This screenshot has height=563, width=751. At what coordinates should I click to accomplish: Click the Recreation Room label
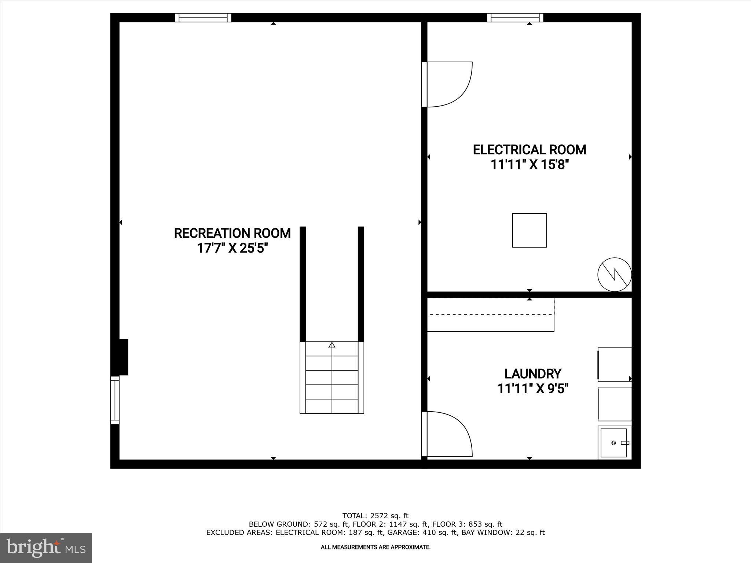pos(232,233)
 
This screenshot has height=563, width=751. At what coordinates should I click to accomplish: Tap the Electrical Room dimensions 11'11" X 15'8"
pos(529,165)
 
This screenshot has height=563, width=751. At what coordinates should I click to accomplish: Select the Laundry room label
pos(532,374)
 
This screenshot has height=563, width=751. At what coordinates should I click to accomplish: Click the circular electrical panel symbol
pos(615,275)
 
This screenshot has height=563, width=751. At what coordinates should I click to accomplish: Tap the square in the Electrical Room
pos(529,230)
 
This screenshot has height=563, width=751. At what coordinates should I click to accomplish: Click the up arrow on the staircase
pos(332,345)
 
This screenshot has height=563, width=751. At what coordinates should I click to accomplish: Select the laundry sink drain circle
pos(613,443)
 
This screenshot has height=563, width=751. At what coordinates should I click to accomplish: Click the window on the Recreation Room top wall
pos(203,18)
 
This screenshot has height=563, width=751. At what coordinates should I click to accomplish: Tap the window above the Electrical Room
pos(515,18)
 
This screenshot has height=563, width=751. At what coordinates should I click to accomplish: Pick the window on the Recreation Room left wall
pos(115,400)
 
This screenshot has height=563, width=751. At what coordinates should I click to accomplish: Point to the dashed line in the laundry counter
pos(491,314)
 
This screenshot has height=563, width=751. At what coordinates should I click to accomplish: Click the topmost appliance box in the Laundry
pos(615,365)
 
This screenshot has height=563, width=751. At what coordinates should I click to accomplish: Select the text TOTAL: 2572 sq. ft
pos(375,516)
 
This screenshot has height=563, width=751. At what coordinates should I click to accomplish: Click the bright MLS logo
pos(46,548)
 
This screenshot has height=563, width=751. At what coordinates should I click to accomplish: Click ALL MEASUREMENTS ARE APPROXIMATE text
pos(375,547)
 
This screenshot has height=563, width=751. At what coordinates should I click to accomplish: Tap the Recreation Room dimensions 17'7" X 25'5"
pos(232,249)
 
